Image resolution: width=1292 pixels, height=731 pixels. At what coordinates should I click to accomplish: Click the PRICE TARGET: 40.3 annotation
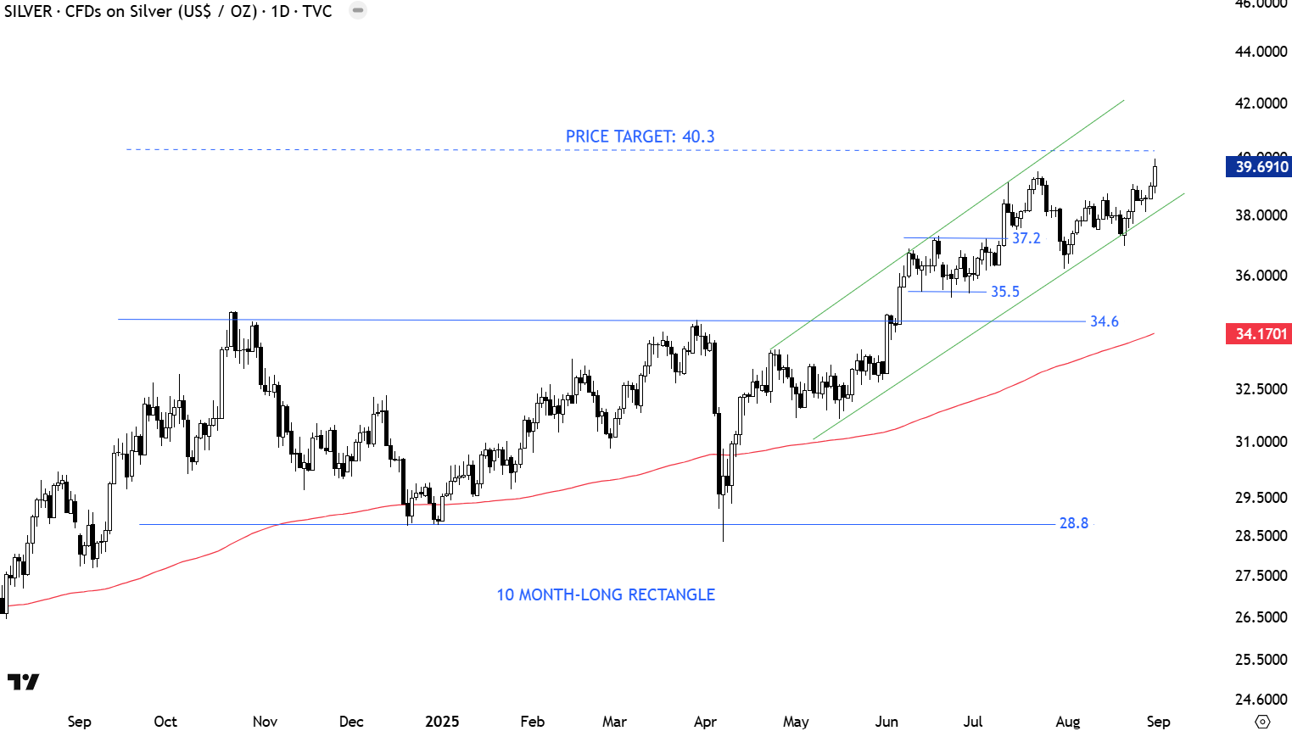tap(640, 137)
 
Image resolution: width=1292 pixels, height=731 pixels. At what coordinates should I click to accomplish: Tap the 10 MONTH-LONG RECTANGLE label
tap(605, 594)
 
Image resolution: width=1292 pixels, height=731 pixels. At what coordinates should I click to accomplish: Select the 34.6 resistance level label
tap(1104, 321)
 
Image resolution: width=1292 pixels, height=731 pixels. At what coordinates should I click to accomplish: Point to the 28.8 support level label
tap(1073, 523)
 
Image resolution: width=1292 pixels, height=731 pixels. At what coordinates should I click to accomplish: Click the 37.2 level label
tap(1026, 238)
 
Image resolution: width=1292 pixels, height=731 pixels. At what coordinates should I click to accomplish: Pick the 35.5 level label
tap(1004, 292)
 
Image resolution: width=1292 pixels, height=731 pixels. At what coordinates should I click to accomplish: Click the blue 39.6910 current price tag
tap(1261, 166)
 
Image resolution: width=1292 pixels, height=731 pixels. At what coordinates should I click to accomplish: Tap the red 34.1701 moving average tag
tap(1261, 334)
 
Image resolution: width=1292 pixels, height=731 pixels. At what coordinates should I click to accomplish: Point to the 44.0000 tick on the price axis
tap(1261, 52)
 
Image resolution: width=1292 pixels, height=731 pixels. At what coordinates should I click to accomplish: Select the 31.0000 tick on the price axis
tap(1261, 442)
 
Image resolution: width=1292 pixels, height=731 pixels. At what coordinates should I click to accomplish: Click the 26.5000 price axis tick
tap(1261, 617)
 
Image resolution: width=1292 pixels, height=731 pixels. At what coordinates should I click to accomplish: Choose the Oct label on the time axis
tap(165, 722)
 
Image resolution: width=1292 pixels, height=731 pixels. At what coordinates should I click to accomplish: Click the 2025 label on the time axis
tap(442, 722)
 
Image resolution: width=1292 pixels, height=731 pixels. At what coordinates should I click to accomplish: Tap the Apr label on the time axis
tap(705, 722)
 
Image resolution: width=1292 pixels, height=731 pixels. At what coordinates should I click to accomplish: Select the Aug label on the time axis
tap(1067, 722)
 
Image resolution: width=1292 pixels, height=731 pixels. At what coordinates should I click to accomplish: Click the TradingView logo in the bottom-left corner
tap(23, 682)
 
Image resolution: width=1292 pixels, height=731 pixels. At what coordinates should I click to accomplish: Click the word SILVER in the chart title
tap(28, 12)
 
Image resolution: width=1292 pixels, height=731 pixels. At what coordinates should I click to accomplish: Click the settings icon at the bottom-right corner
tap(1262, 722)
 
